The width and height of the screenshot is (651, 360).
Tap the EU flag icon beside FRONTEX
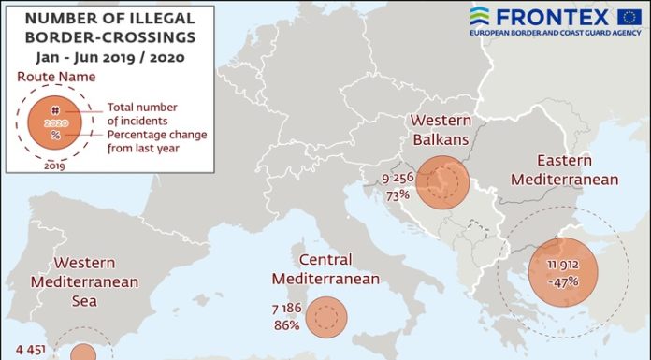pyautogui.click(x=629, y=16)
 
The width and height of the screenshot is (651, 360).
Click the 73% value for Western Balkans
pyautogui.click(x=398, y=195)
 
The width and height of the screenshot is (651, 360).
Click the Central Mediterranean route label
pyautogui.click(x=325, y=269)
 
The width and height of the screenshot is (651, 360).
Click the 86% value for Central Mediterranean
pyautogui.click(x=286, y=324)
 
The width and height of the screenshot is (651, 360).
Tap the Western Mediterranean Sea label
pyautogui.click(x=84, y=282)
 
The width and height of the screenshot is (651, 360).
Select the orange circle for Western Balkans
pyautogui.click(x=442, y=182)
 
